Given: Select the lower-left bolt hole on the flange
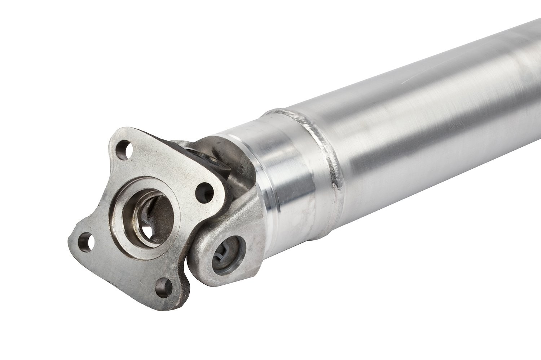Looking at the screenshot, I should click(85, 241).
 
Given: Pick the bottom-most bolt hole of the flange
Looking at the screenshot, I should click(163, 287).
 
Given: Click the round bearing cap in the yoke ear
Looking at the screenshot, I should click(229, 254).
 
